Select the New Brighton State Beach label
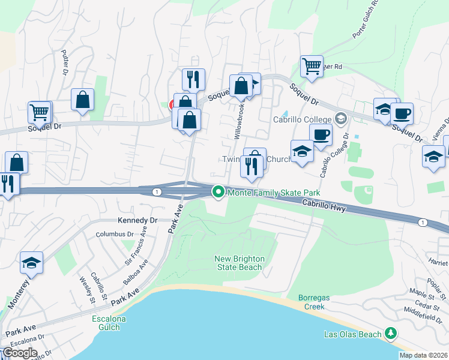[x=239, y=263]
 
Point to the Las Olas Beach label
[x=352, y=334]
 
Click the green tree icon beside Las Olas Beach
[x=391, y=332]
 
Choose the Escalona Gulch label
[x=109, y=323]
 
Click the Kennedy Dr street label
[x=137, y=220]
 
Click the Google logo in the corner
[x=20, y=352]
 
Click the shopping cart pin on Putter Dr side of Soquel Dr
[x=40, y=112]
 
